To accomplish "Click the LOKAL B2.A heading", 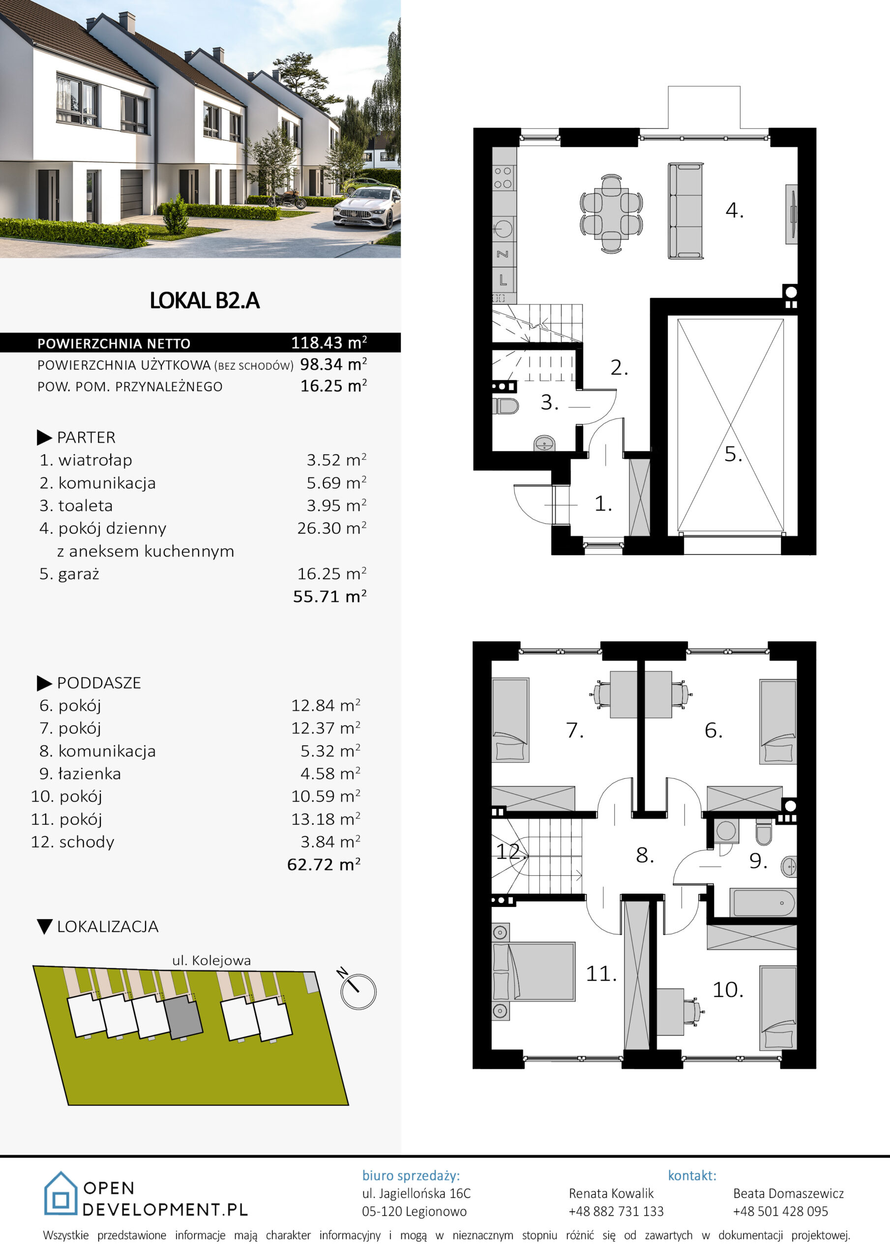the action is (x=205, y=300).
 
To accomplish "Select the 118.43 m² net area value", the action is (x=329, y=343).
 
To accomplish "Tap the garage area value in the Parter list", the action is (x=332, y=573).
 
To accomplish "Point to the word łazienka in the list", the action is (x=89, y=774).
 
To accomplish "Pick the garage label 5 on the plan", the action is (x=733, y=454).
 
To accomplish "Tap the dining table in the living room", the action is (x=611, y=214).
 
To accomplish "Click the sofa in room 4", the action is (x=685, y=210).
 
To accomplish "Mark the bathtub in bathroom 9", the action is (x=762, y=902).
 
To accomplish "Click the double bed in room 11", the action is (x=534, y=972).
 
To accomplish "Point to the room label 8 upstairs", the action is (x=645, y=855).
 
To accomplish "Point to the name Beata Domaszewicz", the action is (x=789, y=1193).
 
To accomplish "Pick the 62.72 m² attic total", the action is (x=324, y=865).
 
